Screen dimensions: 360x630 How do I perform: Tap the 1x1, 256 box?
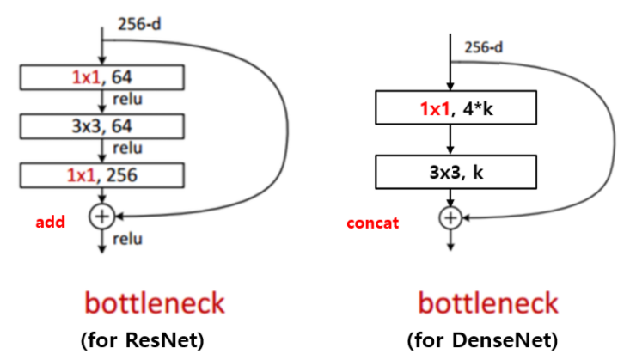(103, 176)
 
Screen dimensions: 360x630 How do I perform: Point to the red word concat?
(372, 223)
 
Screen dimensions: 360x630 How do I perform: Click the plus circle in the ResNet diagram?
(102, 216)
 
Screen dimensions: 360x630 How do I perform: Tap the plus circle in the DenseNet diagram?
(449, 217)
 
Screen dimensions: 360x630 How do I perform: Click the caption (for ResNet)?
(142, 339)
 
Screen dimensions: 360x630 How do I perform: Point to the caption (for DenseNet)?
(487, 339)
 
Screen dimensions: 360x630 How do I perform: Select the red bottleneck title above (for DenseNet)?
(487, 303)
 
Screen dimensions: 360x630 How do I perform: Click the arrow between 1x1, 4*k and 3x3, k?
(449, 139)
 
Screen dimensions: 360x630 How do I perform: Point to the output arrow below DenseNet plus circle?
(449, 240)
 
